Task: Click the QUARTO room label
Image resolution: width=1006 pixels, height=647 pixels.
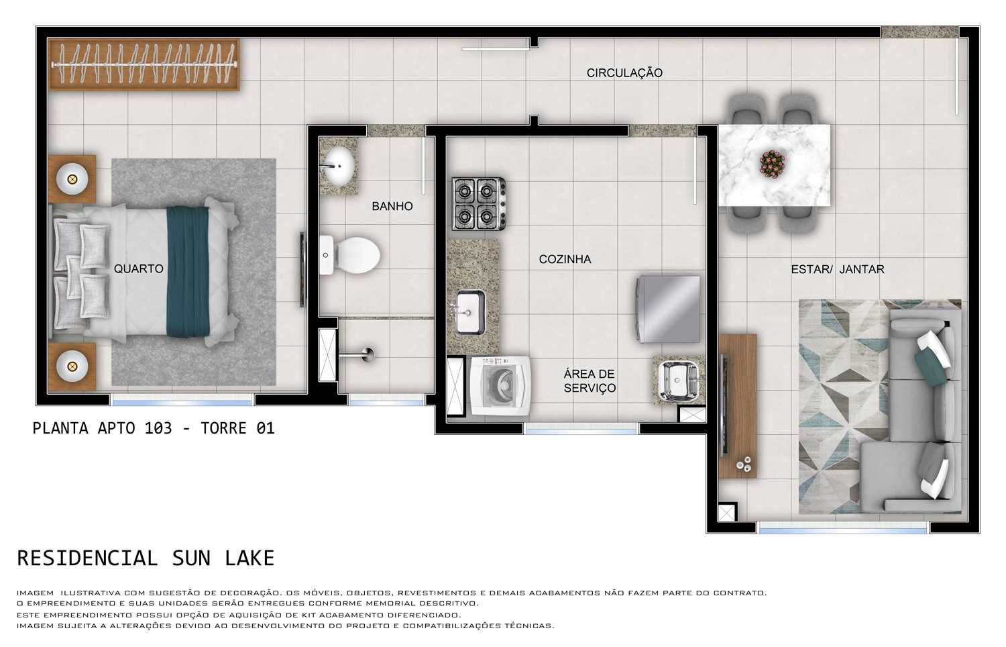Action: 138,269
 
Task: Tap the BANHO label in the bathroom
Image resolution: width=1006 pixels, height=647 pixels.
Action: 392,207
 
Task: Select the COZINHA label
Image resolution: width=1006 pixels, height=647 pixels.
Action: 565,260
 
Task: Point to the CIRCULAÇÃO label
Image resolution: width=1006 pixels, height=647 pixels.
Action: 624,73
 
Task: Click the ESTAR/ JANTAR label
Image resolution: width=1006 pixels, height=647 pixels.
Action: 837,270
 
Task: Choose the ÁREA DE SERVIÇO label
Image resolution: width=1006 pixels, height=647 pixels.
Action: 589,381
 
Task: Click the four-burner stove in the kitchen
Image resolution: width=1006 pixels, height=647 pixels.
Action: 478,204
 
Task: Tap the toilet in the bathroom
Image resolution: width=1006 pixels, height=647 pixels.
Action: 350,255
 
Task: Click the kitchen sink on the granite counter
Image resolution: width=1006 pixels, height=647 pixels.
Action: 471,311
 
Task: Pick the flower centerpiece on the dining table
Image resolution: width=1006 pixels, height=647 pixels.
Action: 772,164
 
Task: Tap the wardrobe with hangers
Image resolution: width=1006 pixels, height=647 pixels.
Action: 144,64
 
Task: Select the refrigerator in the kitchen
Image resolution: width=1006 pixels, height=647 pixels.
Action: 669,309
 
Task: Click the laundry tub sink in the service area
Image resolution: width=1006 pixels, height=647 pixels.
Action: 678,381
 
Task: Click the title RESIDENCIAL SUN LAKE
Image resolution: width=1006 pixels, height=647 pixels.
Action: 146,558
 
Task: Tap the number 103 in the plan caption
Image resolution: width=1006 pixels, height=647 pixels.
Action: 158,428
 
